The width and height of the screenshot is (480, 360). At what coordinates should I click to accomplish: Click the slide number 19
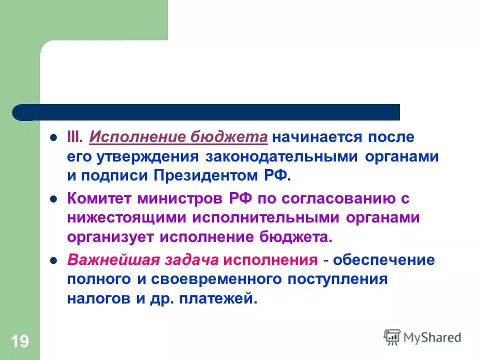(19, 342)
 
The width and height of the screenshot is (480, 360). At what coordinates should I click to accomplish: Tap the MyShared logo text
(433, 337)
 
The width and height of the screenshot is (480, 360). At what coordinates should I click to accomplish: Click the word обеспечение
(384, 260)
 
